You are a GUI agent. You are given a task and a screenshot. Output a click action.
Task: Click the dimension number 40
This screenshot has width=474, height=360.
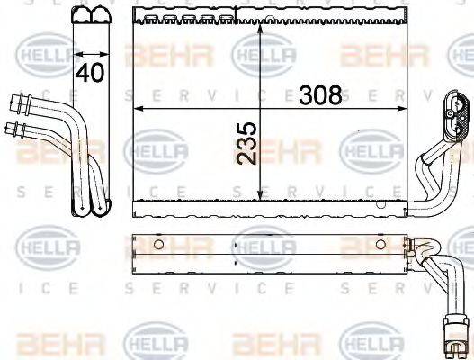point(88,73)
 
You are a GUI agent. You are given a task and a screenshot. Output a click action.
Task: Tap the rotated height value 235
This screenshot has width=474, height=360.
point(248,143)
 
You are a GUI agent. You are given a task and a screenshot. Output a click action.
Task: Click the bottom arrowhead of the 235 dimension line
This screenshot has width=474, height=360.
point(261,197)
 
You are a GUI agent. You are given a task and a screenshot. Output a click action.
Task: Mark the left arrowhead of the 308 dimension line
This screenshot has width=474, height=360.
point(138,108)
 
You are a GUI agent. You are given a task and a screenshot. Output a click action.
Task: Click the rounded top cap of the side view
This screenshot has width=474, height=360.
point(91,14)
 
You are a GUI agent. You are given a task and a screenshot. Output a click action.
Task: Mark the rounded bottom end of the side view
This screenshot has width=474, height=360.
point(90,208)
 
